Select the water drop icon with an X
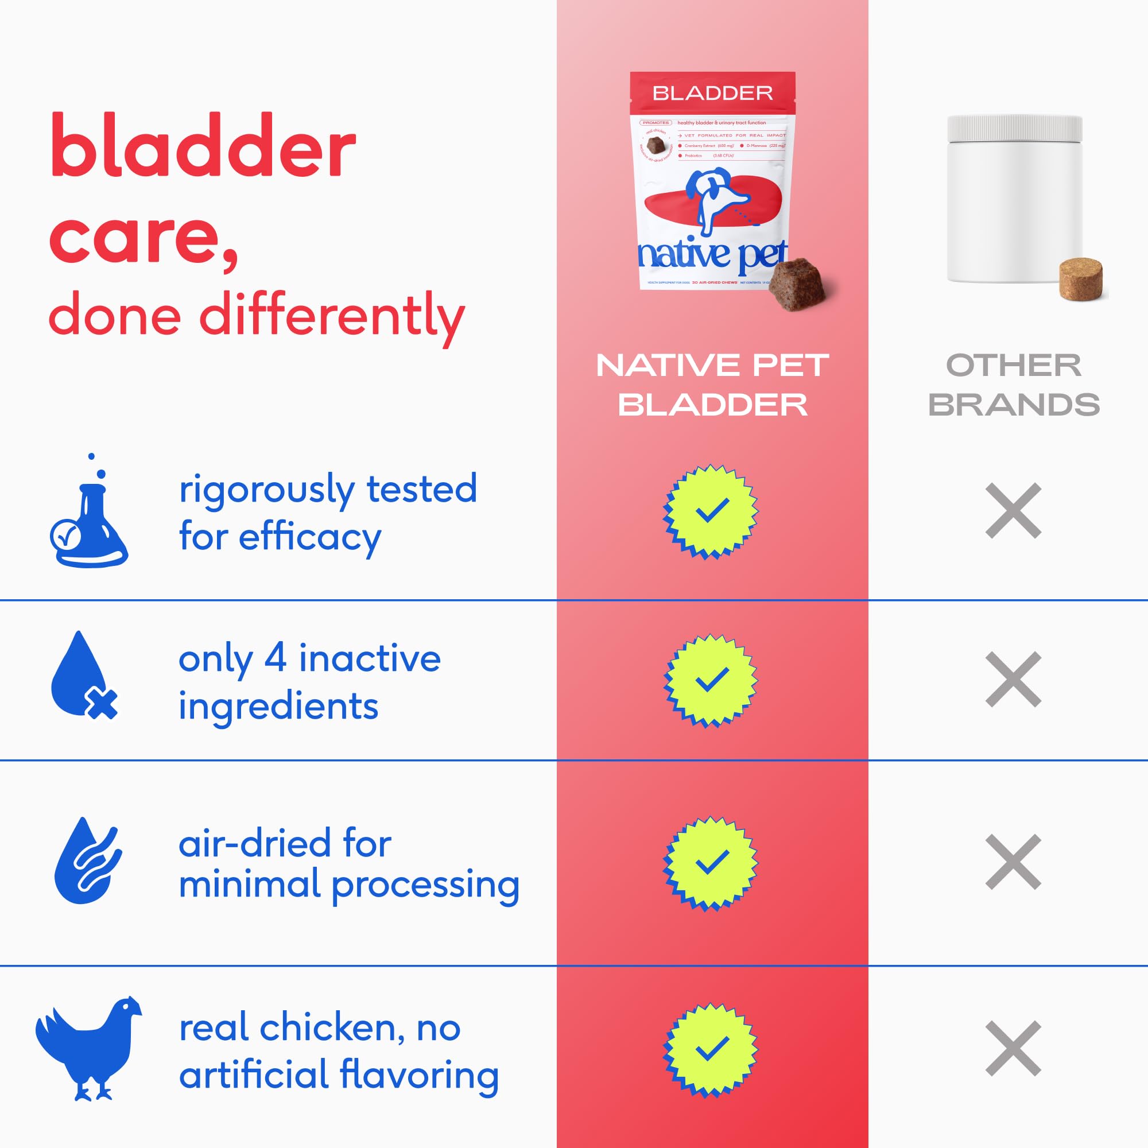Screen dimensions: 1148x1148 [x=83, y=677]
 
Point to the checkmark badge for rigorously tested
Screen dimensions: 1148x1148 [x=711, y=511]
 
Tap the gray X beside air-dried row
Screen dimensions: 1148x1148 [x=1013, y=862]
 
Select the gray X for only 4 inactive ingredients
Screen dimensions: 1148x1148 [x=1013, y=679]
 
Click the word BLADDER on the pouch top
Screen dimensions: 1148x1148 [x=712, y=94]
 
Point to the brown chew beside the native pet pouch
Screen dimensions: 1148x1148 [x=799, y=284]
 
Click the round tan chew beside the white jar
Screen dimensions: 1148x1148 [x=1080, y=278]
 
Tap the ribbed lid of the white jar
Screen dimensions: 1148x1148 [x=1014, y=128]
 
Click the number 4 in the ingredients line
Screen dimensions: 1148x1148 [x=275, y=658]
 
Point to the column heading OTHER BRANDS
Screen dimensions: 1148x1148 [x=1013, y=385]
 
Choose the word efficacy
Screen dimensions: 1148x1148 [x=309, y=538]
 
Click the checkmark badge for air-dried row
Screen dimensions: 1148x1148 [x=711, y=863]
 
